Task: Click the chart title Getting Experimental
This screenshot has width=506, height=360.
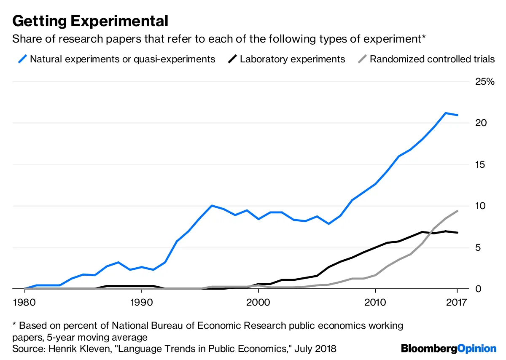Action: click(90, 21)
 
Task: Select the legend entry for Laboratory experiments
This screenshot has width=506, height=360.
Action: click(292, 59)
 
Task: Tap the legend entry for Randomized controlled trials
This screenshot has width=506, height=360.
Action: click(432, 59)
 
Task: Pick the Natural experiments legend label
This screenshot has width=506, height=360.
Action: click(122, 59)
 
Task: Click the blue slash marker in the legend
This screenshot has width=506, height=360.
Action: click(22, 59)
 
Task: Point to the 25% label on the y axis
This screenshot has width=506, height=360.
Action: click(484, 82)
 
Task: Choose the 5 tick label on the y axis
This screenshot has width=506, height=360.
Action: click(478, 247)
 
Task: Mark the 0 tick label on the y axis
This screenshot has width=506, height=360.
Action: click(478, 289)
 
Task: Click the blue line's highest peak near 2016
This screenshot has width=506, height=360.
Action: click(445, 113)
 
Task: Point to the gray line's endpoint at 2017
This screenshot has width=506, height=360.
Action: click(457, 211)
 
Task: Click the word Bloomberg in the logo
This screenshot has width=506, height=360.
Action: click(429, 349)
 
